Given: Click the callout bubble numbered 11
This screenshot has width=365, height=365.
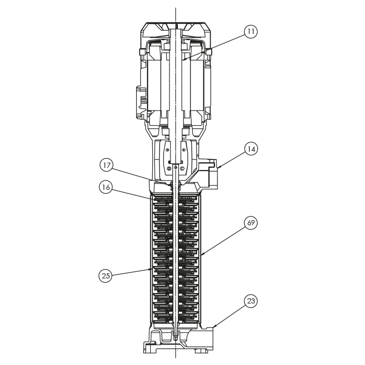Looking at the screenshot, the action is [251, 32].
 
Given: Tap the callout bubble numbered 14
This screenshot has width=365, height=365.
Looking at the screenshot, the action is [251, 149].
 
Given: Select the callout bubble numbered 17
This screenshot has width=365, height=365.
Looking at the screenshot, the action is [106, 165].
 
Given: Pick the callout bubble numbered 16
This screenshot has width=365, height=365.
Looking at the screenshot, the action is [106, 187].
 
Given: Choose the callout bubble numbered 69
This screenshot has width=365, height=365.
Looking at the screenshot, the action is [251, 223].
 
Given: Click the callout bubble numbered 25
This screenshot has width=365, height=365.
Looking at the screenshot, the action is [105, 276].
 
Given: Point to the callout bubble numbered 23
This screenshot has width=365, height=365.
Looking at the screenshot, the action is [251, 301].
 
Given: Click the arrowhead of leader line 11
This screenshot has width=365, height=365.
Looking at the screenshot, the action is [183, 60].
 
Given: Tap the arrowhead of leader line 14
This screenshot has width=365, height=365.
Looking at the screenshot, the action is [218, 167].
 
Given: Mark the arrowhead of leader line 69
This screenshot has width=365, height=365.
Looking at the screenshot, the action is [202, 256].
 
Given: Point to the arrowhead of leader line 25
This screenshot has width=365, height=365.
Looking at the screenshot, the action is [151, 270].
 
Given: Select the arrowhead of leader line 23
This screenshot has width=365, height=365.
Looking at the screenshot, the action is [214, 327].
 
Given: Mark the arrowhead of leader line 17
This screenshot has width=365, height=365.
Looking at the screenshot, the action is [169, 185].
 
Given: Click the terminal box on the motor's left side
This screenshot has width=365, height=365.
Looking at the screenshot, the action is [142, 101].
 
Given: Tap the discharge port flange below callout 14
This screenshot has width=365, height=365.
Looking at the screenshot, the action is [213, 174].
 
